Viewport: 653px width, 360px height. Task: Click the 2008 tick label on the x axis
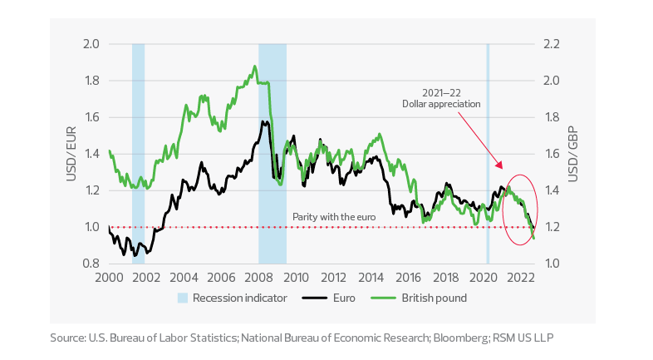pos(258,278)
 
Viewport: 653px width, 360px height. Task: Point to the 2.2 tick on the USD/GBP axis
pos(552,44)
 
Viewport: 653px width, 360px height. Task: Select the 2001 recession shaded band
pos(139,154)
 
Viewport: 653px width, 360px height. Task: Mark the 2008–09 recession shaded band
pos(272,154)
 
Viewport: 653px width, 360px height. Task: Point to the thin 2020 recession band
pos(488,154)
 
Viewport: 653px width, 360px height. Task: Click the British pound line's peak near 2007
pos(254,67)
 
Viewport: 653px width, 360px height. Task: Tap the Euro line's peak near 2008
pos(264,122)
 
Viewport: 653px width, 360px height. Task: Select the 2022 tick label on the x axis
pos(522,278)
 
